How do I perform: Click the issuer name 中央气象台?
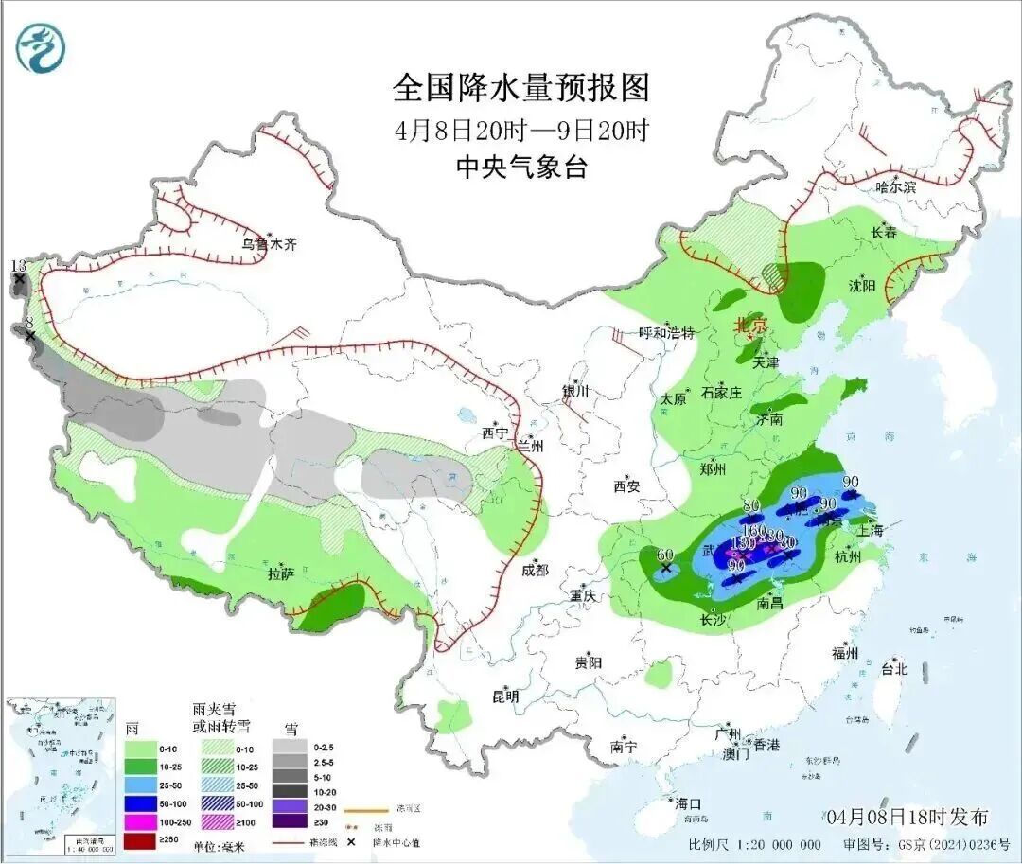(x=521, y=168)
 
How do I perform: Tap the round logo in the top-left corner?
(x=42, y=47)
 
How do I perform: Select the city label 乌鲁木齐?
(x=269, y=244)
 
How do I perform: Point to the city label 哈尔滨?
(x=895, y=187)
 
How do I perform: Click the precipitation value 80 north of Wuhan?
(x=752, y=504)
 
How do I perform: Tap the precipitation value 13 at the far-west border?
(x=18, y=266)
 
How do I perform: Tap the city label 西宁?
(x=495, y=432)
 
